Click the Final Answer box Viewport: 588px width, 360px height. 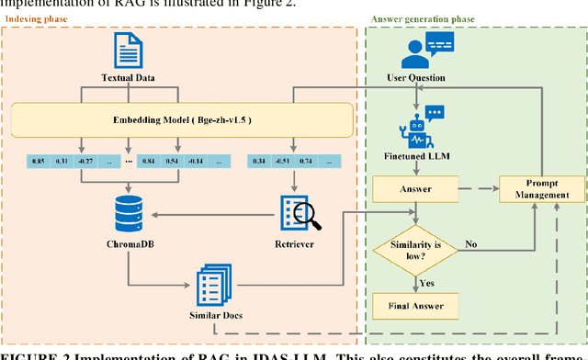point(415,306)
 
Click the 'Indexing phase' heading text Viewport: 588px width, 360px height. point(38,17)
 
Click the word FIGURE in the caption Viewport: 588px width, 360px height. point(28,354)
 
